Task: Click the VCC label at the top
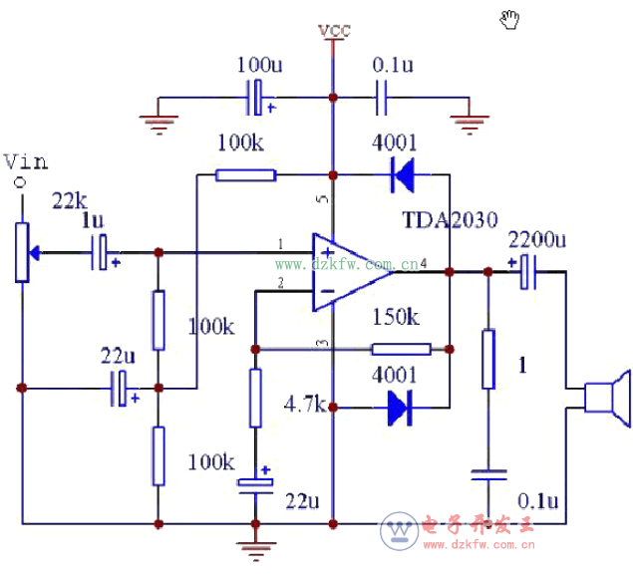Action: point(334,31)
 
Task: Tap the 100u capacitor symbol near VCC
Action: point(257,98)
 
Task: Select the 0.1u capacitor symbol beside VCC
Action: point(381,98)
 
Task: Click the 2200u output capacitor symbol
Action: point(528,271)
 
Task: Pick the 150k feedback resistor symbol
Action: point(402,349)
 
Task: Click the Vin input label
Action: point(25,161)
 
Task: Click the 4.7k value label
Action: point(304,405)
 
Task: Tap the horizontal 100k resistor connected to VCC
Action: point(245,176)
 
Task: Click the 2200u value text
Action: point(536,240)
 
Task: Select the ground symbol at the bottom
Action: point(255,545)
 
